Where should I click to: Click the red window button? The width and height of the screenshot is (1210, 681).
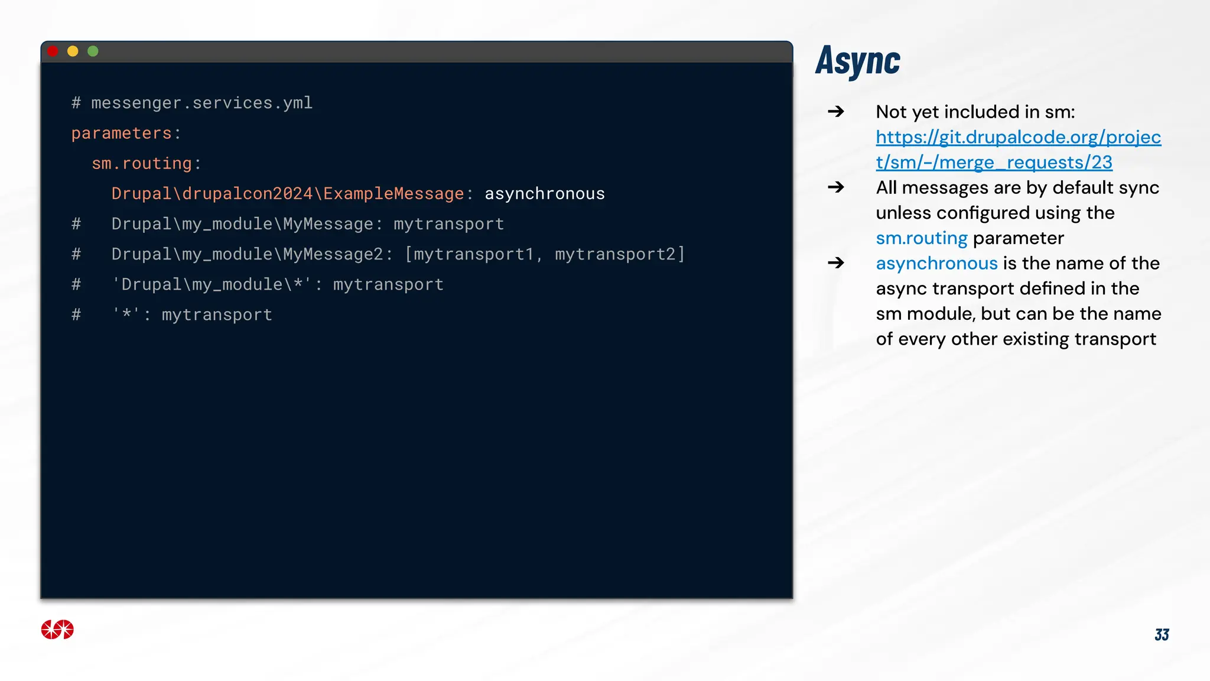pos(53,51)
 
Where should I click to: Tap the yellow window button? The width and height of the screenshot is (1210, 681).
pos(73,51)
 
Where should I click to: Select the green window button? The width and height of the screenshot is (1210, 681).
pos(93,51)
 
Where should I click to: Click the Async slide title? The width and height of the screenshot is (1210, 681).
pos(857,61)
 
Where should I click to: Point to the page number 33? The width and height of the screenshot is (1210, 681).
pos(1162,635)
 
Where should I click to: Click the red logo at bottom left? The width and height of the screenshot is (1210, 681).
pos(57,630)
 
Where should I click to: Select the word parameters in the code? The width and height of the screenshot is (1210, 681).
pos(121,134)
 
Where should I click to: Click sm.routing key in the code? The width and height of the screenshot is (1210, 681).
pos(142,164)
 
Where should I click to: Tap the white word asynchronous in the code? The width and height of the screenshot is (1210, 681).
pos(545,194)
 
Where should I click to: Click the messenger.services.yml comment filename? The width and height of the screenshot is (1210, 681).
pos(201,103)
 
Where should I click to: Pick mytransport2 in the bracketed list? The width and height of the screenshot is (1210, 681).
pos(615,254)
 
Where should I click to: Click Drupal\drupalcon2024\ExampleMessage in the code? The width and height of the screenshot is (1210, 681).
pos(288,194)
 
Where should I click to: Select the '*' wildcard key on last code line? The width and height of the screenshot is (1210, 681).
pos(126,314)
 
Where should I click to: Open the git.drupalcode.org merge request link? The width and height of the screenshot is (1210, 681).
pos(1018,150)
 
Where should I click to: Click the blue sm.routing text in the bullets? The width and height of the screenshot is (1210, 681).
pos(921,238)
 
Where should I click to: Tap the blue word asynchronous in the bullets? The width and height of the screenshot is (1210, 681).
pos(936,264)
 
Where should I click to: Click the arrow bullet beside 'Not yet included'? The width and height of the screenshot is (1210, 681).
pos(835,112)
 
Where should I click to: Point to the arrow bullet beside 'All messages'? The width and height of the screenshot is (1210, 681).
pos(835,187)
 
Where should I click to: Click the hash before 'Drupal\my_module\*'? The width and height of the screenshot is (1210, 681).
pos(76,285)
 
